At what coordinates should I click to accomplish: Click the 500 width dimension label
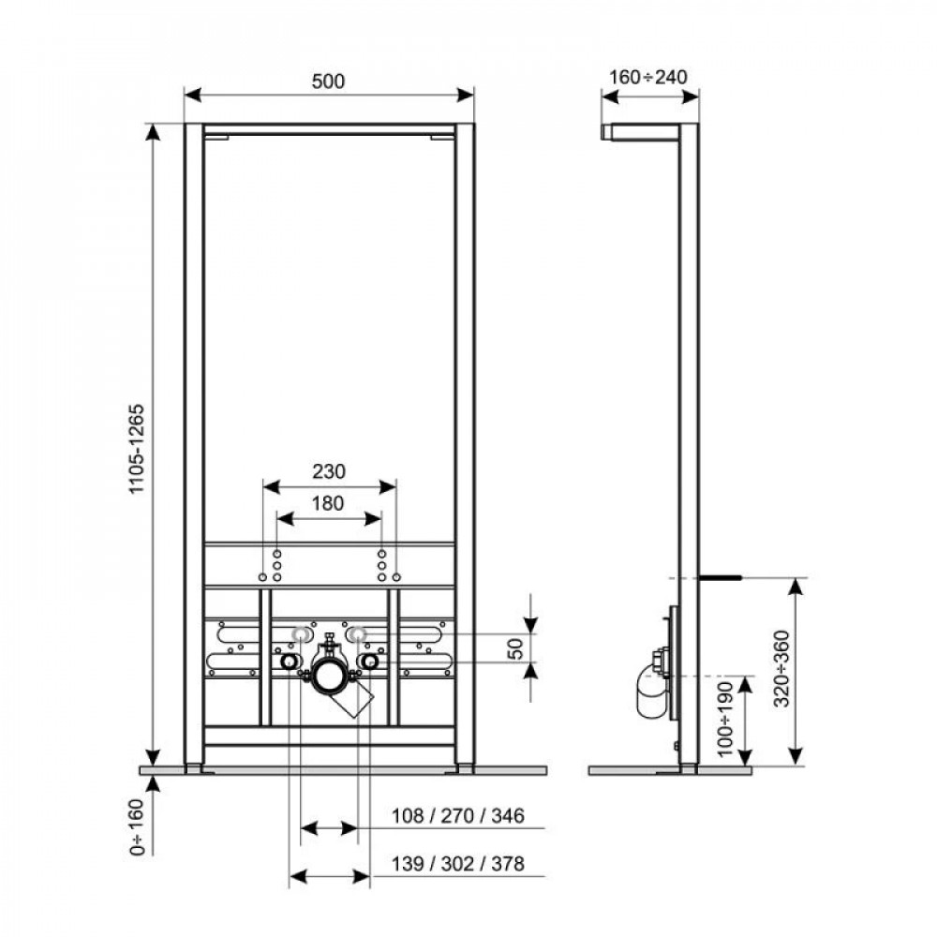tap(329, 82)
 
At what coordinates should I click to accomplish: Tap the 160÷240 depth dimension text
tap(648, 77)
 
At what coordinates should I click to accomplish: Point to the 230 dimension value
tap(329, 470)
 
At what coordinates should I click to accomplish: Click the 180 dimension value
tap(329, 503)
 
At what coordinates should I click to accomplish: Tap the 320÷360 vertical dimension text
tap(783, 668)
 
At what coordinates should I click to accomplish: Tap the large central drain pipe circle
tap(329, 673)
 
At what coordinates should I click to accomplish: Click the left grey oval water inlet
tap(300, 634)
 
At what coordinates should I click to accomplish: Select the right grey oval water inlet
tap(358, 634)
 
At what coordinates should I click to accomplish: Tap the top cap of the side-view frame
tap(647, 130)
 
